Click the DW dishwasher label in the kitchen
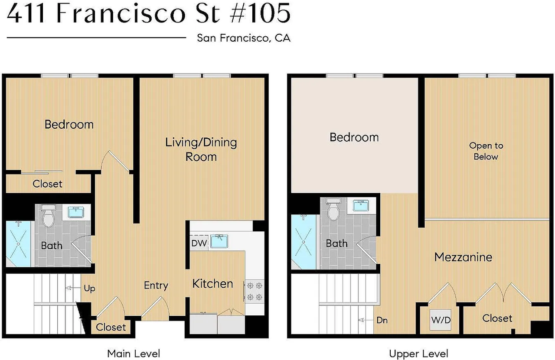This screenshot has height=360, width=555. pos(199,243)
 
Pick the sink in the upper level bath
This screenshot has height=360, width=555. pos(361,205)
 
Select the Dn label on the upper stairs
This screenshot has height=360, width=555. pos(382,321)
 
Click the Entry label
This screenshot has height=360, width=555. pos(156,285)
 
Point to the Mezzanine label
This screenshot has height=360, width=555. pos(463,257)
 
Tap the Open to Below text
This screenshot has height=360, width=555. pos(486,151)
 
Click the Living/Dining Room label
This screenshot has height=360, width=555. pos(201,149)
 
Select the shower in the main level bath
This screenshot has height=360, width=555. pos(18,243)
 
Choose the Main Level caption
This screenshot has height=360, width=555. pos(134,354)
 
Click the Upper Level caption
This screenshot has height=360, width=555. pos(418,354)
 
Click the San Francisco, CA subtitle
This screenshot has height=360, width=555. pos(243,38)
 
